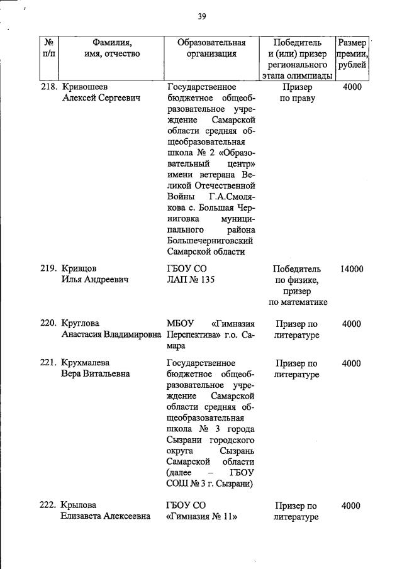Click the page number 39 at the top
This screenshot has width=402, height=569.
pyautogui.click(x=201, y=16)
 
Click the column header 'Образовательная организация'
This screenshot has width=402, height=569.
pyautogui.click(x=211, y=48)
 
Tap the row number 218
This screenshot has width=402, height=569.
pyautogui.click(x=49, y=87)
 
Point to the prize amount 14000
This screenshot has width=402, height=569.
pyautogui.click(x=352, y=268)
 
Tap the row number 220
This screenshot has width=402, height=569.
pyautogui.click(x=49, y=324)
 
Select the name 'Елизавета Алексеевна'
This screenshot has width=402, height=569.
pyautogui.click(x=106, y=517)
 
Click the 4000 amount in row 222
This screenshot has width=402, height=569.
pyautogui.click(x=352, y=505)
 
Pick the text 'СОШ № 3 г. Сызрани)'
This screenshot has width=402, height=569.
pyautogui.click(x=209, y=483)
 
